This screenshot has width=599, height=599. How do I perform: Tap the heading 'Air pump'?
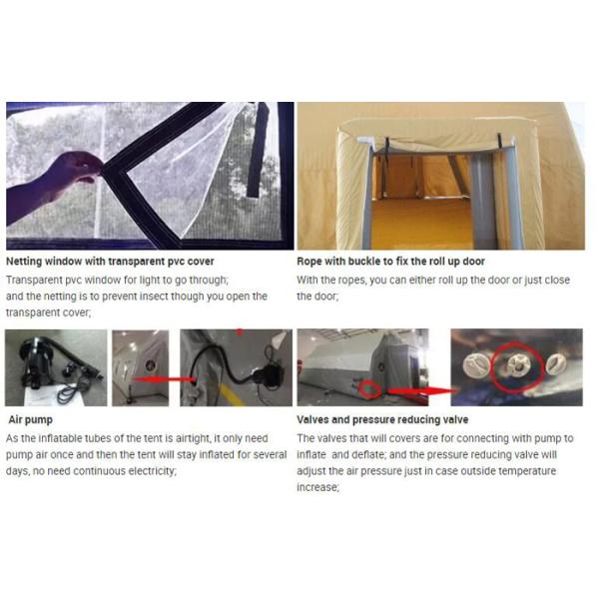pos(30,420)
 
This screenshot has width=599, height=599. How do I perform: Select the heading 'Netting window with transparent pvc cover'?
pos(110,262)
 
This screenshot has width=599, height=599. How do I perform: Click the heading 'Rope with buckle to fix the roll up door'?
pos(390,262)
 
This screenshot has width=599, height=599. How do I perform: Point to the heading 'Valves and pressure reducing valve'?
pos(382,420)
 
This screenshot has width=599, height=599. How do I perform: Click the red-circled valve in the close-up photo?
pos(517,365)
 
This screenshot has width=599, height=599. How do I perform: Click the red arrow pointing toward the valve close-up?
pos(425,391)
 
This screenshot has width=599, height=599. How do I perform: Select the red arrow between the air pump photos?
pos(164,379)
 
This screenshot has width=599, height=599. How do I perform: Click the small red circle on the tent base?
pos(369,389)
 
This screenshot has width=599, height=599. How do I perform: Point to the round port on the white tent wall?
pos(148,366)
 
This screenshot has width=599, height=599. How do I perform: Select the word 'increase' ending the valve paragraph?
pos(317,487)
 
